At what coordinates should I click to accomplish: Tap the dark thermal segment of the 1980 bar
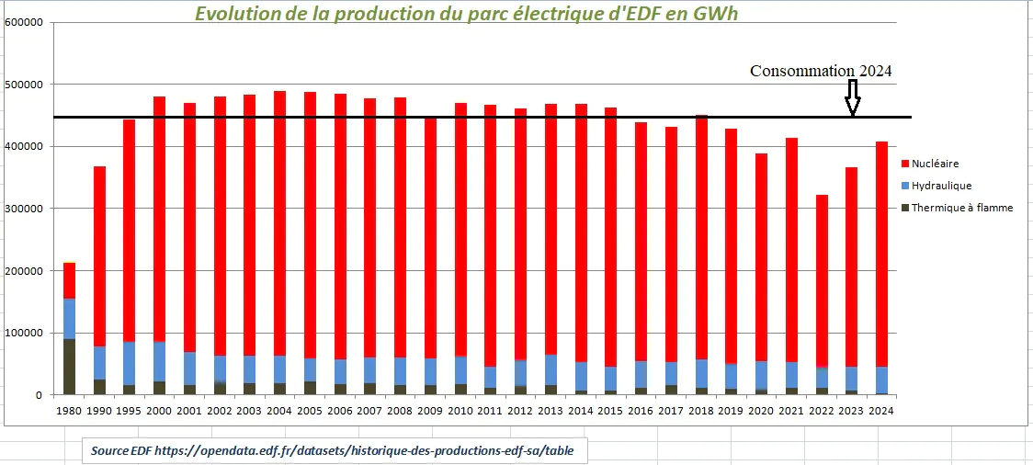tap(69, 367)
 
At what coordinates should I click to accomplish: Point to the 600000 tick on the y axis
tap(24, 23)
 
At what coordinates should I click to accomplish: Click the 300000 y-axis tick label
tap(24, 209)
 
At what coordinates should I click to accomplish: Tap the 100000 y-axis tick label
tap(24, 333)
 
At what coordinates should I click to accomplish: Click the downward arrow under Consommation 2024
tap(852, 97)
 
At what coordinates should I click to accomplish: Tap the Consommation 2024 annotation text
tap(821, 71)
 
